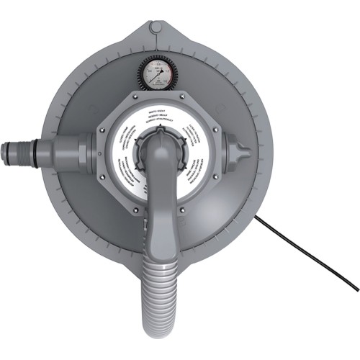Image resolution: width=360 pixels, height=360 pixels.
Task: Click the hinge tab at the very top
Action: [156, 28]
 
